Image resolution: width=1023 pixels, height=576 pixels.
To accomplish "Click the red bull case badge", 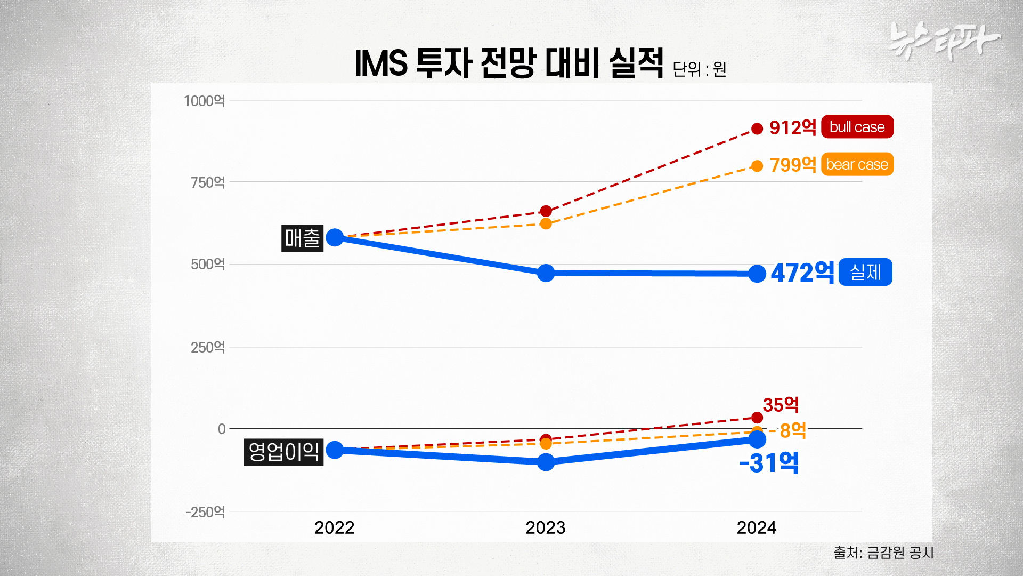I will [857, 127].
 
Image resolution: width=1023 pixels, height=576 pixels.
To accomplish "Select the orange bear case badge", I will [857, 164].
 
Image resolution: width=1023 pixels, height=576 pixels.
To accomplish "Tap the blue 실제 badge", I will [865, 272].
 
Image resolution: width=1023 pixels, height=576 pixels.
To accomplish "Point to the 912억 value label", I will [793, 128].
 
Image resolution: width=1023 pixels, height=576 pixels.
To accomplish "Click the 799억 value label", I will [793, 165].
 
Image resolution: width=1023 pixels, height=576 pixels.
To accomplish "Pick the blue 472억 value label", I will [802, 273].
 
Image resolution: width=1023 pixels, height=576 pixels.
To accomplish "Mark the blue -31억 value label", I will [769, 462].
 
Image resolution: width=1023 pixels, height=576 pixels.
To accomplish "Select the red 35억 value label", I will [781, 405].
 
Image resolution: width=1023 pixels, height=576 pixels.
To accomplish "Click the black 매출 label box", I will [302, 238].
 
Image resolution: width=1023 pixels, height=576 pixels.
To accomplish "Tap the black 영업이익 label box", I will [283, 452].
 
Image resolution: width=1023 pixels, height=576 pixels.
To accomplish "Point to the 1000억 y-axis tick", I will [204, 101].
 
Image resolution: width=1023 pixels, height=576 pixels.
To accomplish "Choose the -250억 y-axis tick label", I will [205, 512].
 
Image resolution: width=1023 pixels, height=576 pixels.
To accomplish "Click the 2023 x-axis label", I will [545, 527].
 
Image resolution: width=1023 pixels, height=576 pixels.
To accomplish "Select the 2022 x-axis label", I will [334, 527].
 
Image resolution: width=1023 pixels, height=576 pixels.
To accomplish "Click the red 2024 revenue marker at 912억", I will [757, 129].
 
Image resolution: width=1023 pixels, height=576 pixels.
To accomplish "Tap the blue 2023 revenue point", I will [546, 273].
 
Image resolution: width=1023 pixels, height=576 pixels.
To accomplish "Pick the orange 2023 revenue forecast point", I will [546, 223].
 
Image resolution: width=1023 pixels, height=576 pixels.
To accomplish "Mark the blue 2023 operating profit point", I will [546, 462].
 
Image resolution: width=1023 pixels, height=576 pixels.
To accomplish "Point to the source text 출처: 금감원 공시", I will [883, 553].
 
